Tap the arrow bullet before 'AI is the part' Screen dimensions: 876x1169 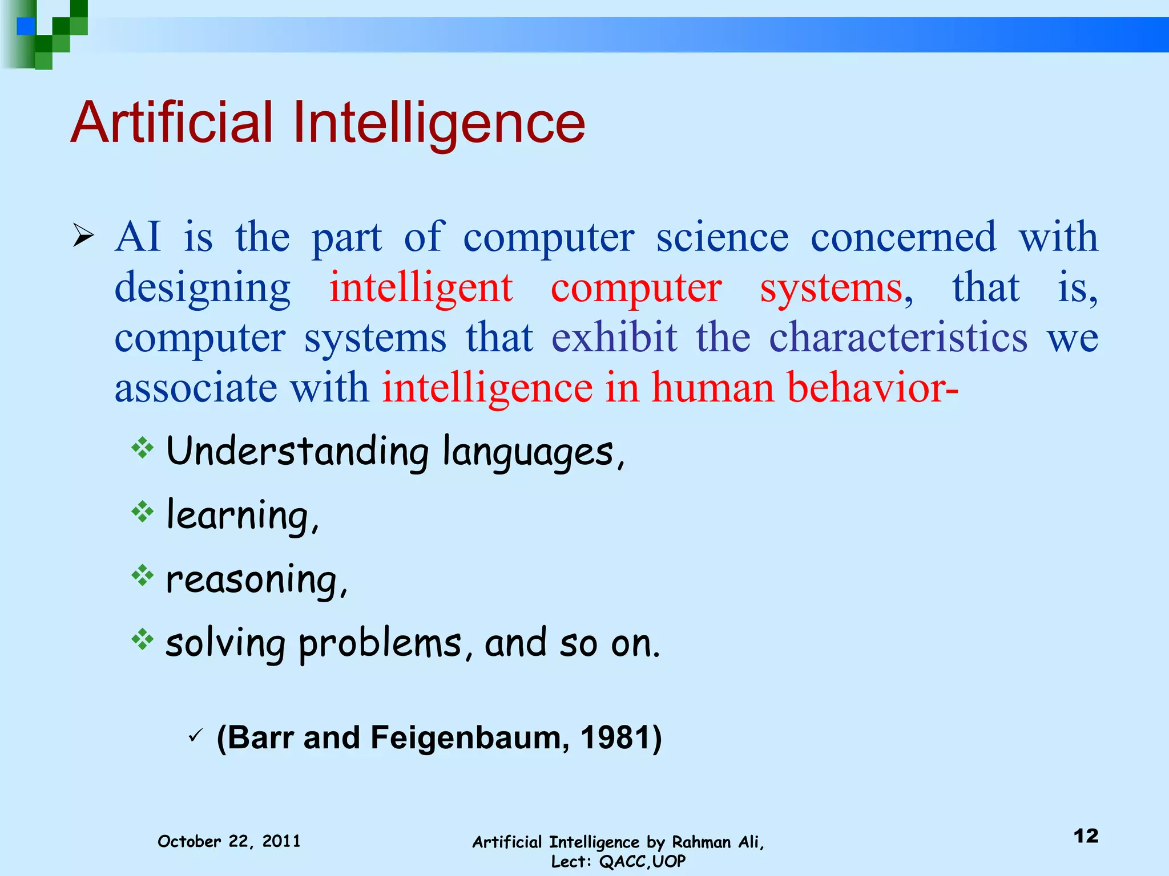[x=83, y=236]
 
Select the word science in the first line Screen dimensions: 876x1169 [x=722, y=237]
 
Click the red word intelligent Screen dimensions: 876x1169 [x=421, y=288]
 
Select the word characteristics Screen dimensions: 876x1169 [x=898, y=338]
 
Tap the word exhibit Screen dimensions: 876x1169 [x=614, y=338]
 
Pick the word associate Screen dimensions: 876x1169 [x=196, y=388]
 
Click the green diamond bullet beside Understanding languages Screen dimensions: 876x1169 [x=142, y=448]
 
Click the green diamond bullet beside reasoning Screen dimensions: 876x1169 [x=142, y=576]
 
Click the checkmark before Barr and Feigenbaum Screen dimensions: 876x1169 [x=195, y=736]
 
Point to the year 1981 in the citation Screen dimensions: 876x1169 [x=615, y=737]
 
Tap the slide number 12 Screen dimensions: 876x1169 [x=1086, y=836]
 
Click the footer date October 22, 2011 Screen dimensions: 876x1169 [x=229, y=841]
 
